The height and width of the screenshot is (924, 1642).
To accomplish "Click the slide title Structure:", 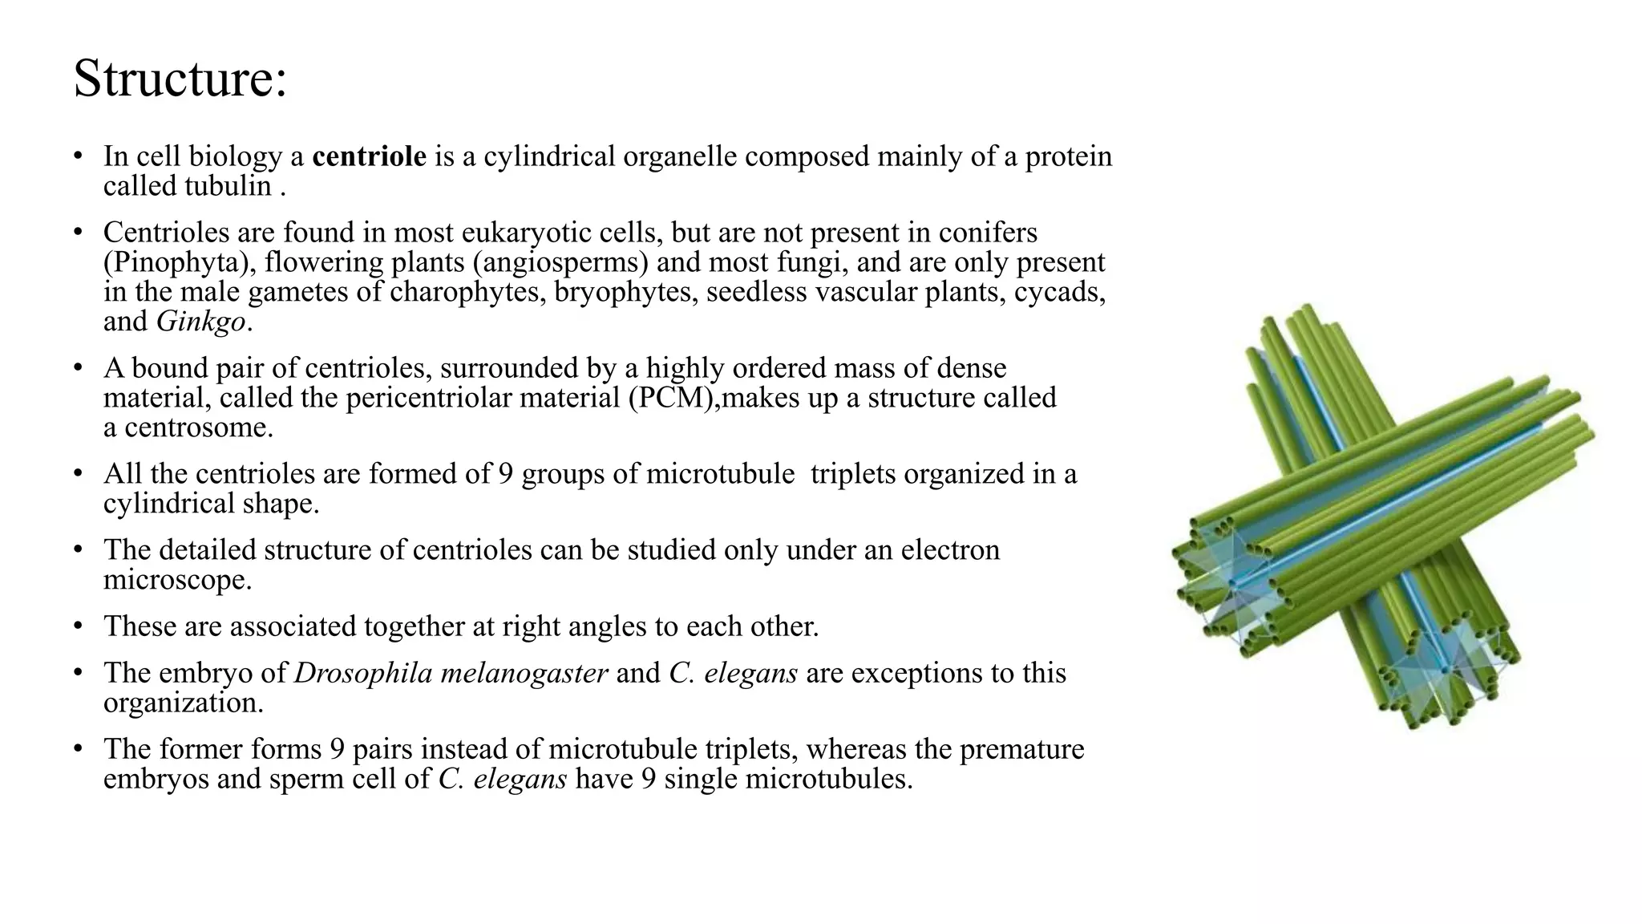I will (180, 79).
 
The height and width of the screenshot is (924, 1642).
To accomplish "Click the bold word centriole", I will (369, 156).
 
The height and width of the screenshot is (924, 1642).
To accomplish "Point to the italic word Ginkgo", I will (200, 322).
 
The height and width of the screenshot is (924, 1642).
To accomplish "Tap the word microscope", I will (176, 580).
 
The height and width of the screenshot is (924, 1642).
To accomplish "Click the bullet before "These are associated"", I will (78, 626).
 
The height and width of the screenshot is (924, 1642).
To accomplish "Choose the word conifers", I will (988, 233).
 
